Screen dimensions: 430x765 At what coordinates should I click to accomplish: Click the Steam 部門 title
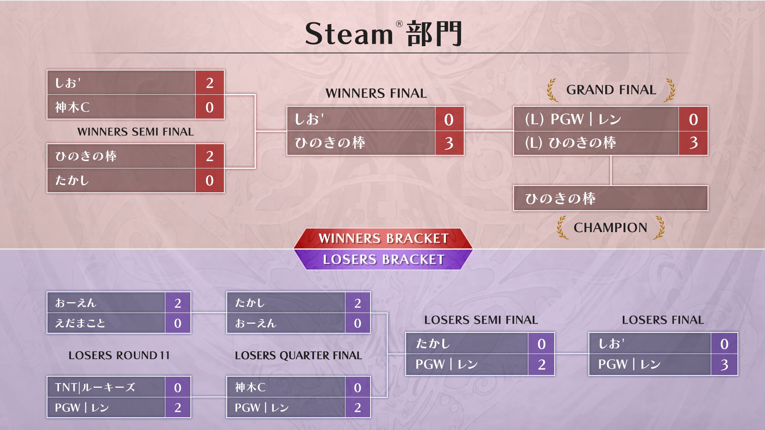(x=383, y=34)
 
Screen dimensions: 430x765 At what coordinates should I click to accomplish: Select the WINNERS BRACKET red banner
(x=383, y=238)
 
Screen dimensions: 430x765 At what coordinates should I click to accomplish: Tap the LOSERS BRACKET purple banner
(x=383, y=260)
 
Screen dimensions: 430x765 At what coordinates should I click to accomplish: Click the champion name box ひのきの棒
(x=610, y=198)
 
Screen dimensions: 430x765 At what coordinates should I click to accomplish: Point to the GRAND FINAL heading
(x=611, y=90)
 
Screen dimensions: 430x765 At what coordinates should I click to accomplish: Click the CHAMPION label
(x=610, y=227)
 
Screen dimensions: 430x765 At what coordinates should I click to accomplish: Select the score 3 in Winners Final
(x=449, y=143)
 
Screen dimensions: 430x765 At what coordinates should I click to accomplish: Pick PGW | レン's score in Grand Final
(x=693, y=119)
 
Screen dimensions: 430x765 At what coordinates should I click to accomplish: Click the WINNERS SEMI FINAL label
(x=135, y=132)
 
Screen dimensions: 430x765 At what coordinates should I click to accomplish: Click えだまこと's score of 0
(x=178, y=323)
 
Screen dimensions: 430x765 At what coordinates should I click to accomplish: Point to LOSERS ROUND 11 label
(x=119, y=355)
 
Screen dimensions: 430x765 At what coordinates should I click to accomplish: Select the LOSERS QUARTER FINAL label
(x=298, y=355)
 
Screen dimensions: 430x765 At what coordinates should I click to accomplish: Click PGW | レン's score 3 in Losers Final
(x=724, y=365)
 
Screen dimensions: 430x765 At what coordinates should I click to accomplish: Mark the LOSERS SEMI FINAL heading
(x=481, y=320)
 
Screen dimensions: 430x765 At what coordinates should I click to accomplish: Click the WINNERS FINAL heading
(x=376, y=93)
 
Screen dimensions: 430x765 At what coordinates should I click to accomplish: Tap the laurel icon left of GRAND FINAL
(x=552, y=90)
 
